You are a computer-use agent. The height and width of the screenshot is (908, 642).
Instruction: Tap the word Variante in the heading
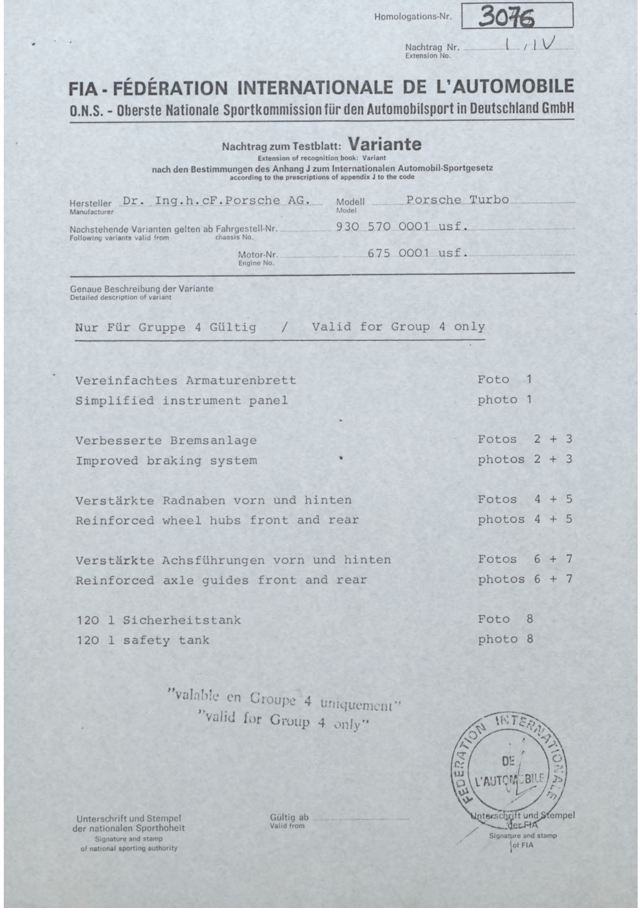tap(384, 145)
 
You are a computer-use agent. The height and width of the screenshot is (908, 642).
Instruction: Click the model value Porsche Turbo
tap(457, 200)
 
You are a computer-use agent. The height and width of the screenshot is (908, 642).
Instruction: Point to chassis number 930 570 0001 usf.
tap(402, 227)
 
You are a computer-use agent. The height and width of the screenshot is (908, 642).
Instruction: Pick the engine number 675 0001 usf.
tap(417, 252)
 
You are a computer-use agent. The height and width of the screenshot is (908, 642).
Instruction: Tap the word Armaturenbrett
tap(241, 380)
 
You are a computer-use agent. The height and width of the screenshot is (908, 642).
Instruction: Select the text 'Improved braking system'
tap(166, 461)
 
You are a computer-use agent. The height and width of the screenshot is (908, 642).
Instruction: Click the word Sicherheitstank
tap(182, 620)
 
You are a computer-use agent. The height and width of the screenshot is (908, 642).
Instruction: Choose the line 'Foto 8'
tap(505, 619)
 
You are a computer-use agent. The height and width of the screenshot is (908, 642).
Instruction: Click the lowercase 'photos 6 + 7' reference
tap(524, 579)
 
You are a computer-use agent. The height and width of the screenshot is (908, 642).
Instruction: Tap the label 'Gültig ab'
tap(289, 817)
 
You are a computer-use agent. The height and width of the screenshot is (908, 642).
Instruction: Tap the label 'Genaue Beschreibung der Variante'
tap(141, 289)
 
